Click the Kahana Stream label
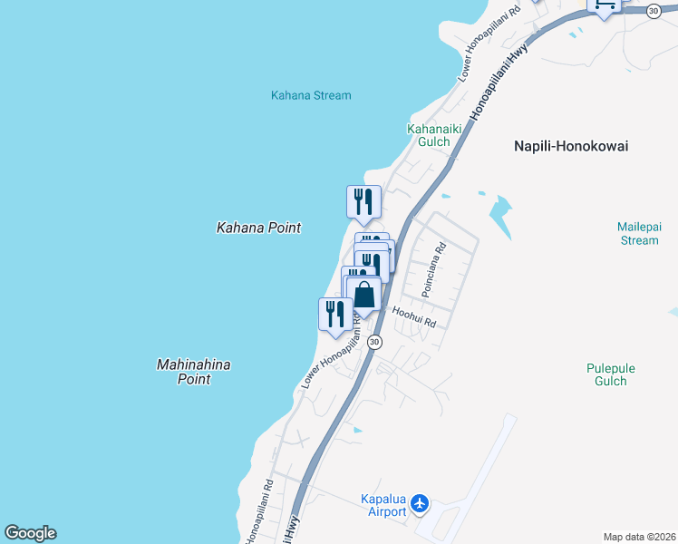(311, 95)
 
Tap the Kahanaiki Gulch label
(434, 135)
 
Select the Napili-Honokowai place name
(571, 146)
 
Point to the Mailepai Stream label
(638, 233)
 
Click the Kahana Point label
(258, 228)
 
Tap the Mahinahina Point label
(194, 372)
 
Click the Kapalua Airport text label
(383, 505)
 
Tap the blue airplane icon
(419, 502)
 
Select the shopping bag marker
(364, 295)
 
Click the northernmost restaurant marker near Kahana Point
(363, 201)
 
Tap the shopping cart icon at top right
(604, 5)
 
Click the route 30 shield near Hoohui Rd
(375, 342)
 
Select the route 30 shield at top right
(654, 10)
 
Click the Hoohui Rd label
(415, 317)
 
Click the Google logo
(30, 533)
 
